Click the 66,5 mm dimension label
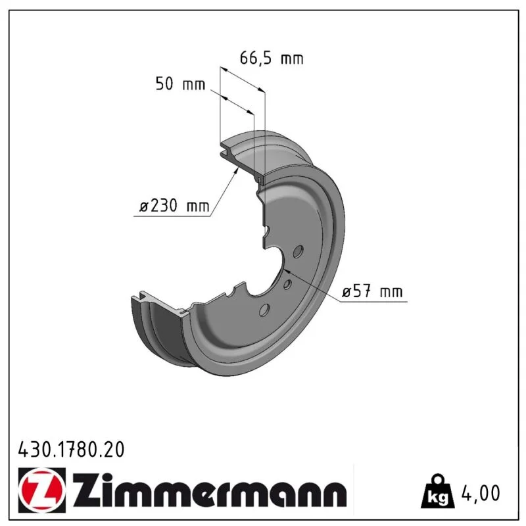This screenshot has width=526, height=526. pos(272,59)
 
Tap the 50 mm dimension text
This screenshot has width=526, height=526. pos(180,84)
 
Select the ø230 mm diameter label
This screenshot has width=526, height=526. pos(174,205)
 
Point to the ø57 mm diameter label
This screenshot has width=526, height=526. pos(372,291)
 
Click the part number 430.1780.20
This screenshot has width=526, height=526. pos(71,450)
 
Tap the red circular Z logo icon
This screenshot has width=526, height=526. pos(42,490)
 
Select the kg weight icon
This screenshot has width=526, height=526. pos(438,491)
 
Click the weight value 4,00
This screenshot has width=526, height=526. pos(481,493)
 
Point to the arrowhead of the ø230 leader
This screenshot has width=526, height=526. pos(236,171)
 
